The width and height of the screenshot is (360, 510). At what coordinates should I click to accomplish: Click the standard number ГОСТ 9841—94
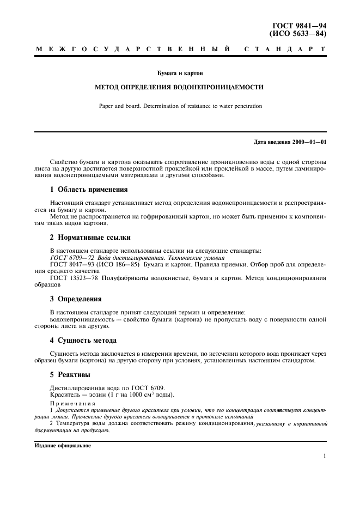[x=303, y=26]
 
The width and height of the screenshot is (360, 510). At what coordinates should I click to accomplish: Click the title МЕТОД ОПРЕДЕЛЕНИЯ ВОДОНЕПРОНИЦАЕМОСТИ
[x=180, y=87]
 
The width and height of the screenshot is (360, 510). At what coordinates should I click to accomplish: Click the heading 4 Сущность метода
[x=83, y=340]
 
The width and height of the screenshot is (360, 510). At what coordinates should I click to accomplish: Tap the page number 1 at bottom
[x=324, y=457]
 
